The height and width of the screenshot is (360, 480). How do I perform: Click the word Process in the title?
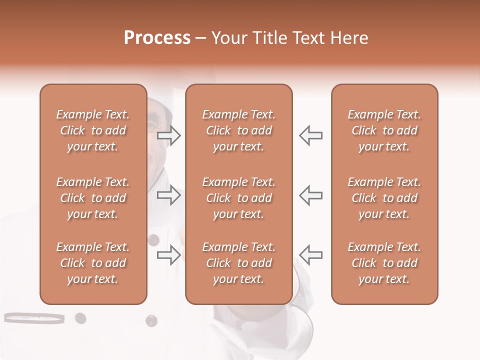(x=157, y=38)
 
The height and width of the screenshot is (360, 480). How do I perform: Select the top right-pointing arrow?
(x=169, y=135)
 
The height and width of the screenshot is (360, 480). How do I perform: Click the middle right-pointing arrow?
(x=169, y=195)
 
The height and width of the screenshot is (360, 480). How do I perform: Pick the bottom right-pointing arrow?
(x=169, y=254)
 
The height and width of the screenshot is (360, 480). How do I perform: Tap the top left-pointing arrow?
(x=310, y=135)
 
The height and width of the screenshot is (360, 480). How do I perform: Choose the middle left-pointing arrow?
(x=310, y=195)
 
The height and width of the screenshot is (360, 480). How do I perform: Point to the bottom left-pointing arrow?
(x=310, y=254)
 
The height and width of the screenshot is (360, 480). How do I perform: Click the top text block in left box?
(x=93, y=130)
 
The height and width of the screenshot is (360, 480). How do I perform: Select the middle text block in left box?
(x=93, y=198)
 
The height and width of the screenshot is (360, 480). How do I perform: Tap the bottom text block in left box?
(x=93, y=263)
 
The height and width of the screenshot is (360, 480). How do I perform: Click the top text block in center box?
(x=238, y=130)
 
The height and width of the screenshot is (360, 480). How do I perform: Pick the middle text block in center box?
(x=238, y=198)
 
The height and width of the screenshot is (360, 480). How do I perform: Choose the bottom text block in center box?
(x=238, y=263)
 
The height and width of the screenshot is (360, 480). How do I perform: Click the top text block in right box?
(x=384, y=130)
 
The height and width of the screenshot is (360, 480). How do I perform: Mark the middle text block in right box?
(x=384, y=198)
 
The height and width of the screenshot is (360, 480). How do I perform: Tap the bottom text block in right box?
(x=384, y=263)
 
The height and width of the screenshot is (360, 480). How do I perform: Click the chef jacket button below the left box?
(x=80, y=318)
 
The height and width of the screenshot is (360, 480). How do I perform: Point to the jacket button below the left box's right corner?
(x=151, y=320)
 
